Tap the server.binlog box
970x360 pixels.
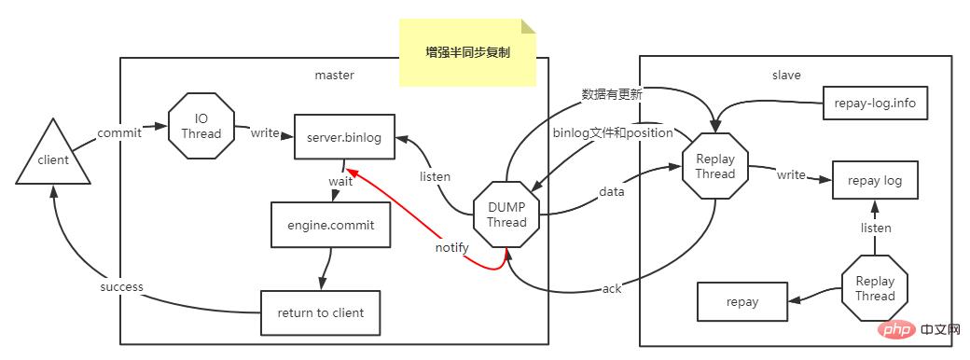click(x=344, y=138)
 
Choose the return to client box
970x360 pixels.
click(x=320, y=312)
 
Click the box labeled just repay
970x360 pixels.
click(x=742, y=301)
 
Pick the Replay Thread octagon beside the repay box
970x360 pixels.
click(x=874, y=288)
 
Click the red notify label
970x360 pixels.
click(x=451, y=248)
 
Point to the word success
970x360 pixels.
click(x=121, y=287)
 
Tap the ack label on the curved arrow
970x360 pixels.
click(x=612, y=289)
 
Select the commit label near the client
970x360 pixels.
click(x=119, y=132)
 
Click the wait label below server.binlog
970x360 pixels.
click(x=339, y=182)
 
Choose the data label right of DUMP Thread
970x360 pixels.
click(x=612, y=192)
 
